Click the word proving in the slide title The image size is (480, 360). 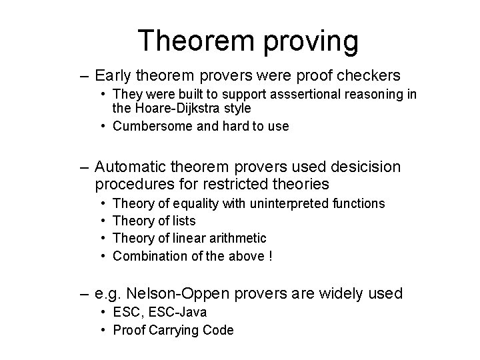307,41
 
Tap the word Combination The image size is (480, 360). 148,255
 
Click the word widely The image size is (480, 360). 343,293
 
